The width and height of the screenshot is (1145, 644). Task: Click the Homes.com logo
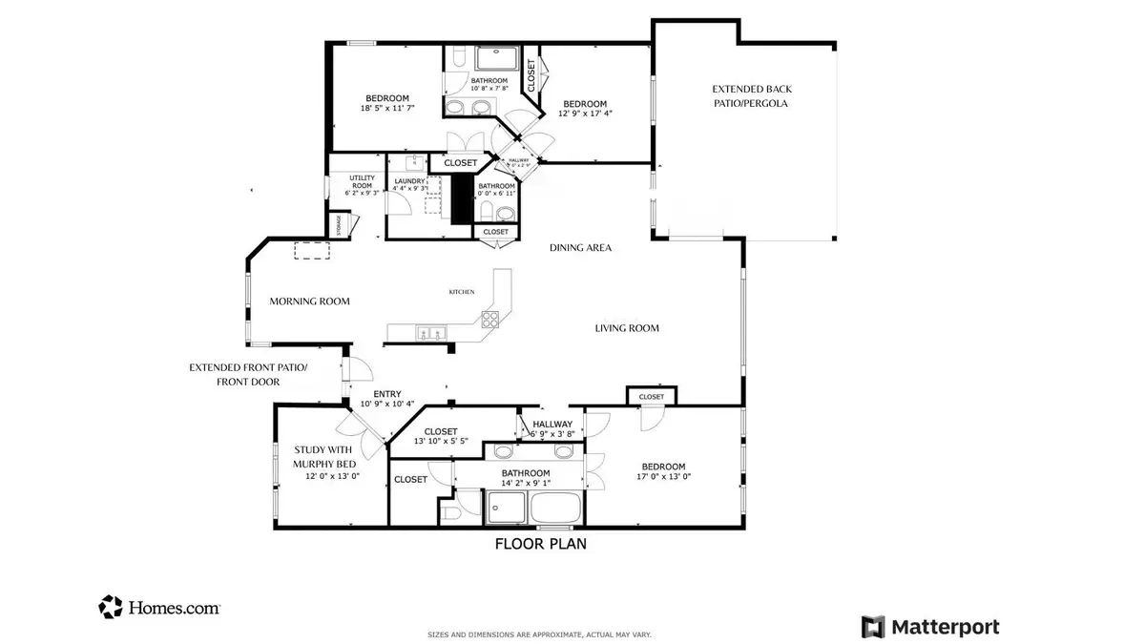[159, 607]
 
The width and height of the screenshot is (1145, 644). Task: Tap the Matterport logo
[930, 627]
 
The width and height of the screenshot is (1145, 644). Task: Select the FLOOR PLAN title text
[540, 545]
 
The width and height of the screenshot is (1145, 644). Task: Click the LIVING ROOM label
[627, 328]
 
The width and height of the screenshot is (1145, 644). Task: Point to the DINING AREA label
[580, 248]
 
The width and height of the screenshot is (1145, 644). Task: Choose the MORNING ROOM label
[309, 301]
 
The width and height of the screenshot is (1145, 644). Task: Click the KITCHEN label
[462, 292]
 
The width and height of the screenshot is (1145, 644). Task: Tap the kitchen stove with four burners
[489, 320]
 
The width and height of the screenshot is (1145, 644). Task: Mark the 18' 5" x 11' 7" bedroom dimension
[387, 109]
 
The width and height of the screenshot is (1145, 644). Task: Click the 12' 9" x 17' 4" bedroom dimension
[585, 114]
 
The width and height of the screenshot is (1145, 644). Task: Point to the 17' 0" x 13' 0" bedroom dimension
[662, 477]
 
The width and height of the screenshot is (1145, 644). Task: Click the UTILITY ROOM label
[362, 181]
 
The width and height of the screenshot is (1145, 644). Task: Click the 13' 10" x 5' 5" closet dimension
[440, 441]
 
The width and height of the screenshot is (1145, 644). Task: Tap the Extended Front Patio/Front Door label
[248, 374]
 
